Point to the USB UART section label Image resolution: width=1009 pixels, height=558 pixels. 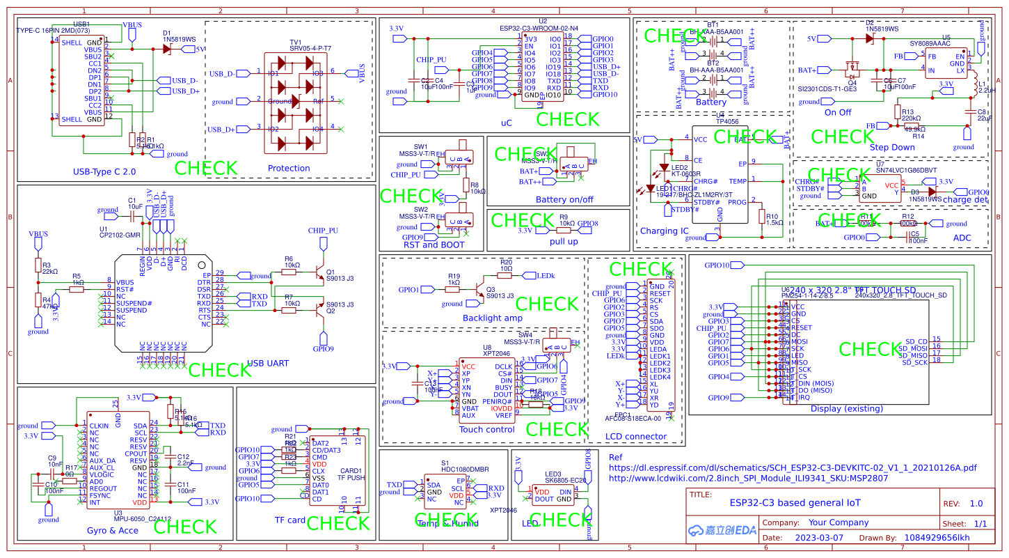tap(268, 363)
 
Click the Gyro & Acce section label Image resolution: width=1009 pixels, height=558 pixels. tap(112, 530)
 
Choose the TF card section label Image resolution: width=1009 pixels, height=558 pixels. tap(290, 520)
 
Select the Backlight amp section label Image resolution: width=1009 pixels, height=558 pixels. tap(493, 318)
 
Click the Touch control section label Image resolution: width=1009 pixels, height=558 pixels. tap(487, 429)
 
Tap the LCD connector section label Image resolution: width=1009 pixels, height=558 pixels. tap(636, 437)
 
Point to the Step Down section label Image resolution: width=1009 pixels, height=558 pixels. tap(892, 147)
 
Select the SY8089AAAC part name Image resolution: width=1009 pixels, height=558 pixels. tap(946, 43)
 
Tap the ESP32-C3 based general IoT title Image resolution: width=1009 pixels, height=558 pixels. tap(795, 502)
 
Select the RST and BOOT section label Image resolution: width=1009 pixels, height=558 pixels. tap(431, 244)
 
